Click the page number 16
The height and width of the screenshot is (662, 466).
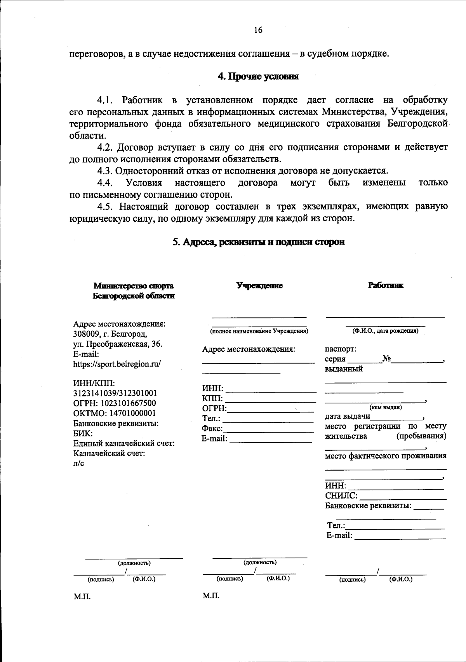click(x=258, y=30)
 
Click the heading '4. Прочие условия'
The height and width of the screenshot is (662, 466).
click(x=258, y=76)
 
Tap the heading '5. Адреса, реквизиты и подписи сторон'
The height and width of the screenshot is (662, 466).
click(x=258, y=242)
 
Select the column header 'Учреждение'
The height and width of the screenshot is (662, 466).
click(x=260, y=286)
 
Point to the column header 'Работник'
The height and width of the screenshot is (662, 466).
click(x=386, y=285)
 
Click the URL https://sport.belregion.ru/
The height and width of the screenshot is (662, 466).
click(x=116, y=364)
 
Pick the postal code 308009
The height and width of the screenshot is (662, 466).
click(x=85, y=334)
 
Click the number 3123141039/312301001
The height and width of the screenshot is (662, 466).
click(x=115, y=393)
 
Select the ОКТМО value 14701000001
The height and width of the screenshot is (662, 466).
click(x=131, y=414)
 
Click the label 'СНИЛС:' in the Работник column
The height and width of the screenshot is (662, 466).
click(x=341, y=496)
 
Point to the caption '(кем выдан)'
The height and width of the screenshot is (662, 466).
click(x=385, y=407)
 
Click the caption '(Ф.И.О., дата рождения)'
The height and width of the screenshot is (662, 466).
click(x=385, y=331)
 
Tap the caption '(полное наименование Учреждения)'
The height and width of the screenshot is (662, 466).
click(x=259, y=331)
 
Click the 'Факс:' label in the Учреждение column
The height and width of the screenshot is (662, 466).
click(x=212, y=429)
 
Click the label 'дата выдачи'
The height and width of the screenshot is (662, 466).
click(x=347, y=417)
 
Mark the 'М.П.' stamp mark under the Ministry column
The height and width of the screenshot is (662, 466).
click(x=82, y=596)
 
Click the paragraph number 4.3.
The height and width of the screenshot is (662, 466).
click(x=105, y=171)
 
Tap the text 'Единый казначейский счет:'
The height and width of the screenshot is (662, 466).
click(x=124, y=443)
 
